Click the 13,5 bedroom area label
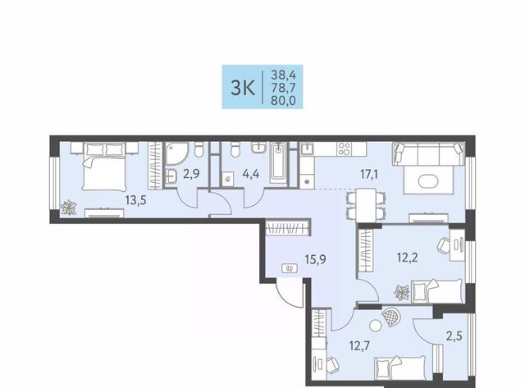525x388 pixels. (x=135, y=201)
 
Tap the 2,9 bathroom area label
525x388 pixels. (x=191, y=174)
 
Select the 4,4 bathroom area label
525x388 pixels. (x=251, y=174)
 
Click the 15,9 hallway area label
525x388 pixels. (x=315, y=259)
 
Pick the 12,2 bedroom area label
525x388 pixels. (x=408, y=258)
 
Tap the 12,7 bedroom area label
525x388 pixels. (x=359, y=345)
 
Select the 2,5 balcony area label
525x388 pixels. (x=454, y=336)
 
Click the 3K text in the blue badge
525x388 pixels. (x=243, y=88)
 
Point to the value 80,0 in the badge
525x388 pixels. (x=283, y=101)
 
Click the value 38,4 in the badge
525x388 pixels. (x=283, y=74)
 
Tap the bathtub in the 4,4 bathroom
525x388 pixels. (x=279, y=162)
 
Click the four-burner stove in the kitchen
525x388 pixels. (x=344, y=148)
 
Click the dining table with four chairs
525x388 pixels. (x=366, y=205)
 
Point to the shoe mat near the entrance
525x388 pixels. (x=290, y=268)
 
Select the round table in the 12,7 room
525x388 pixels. (x=376, y=325)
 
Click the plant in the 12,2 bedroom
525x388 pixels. (x=401, y=292)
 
